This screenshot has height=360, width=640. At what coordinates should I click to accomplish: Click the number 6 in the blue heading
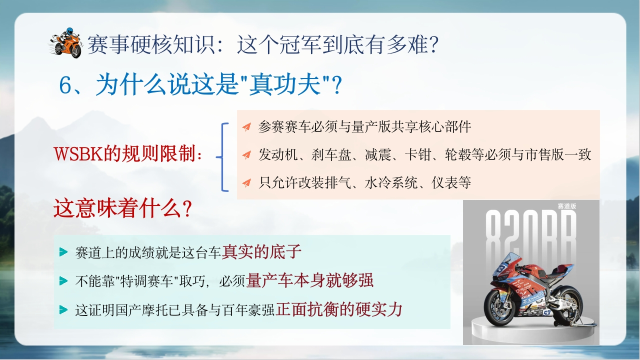[65, 85]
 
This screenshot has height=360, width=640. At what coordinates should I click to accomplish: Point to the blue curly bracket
[223, 157]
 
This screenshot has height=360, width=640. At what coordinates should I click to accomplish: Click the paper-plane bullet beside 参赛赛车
[246, 126]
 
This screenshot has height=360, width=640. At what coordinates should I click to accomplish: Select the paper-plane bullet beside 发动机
[246, 154]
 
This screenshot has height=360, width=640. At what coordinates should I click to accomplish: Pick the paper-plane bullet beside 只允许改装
[246, 182]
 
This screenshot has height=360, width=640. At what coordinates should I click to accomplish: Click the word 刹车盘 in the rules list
[331, 155]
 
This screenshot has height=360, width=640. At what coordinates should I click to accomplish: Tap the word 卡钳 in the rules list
[418, 155]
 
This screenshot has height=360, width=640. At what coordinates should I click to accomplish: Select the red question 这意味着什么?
[122, 208]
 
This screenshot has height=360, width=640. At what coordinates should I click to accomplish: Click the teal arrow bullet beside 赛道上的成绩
[63, 252]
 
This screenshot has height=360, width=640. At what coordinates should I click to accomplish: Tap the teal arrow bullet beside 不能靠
[63, 281]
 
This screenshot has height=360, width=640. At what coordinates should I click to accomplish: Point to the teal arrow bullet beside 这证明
[63, 309]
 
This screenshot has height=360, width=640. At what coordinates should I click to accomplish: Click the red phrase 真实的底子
[261, 251]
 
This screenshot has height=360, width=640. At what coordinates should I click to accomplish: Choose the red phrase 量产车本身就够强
[309, 280]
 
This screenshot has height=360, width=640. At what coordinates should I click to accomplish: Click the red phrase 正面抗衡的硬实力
[339, 309]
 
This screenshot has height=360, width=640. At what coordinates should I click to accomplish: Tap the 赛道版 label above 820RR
[567, 206]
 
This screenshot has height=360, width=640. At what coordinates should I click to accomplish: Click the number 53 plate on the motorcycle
[546, 312]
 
